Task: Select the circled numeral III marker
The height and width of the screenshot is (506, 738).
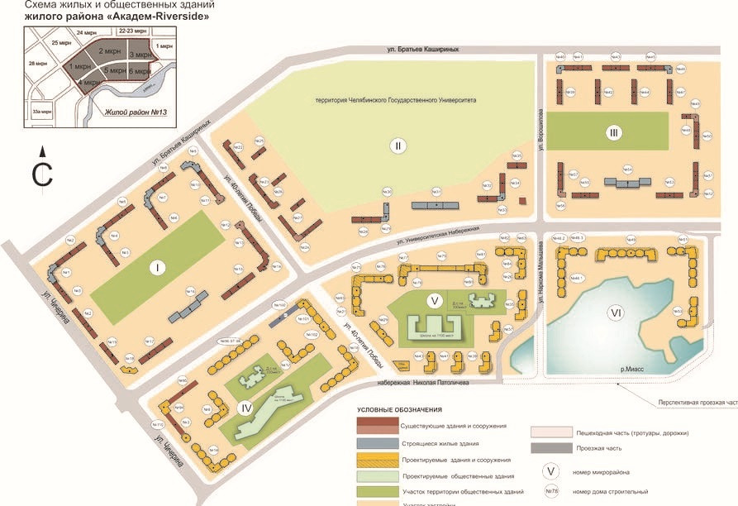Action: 612,132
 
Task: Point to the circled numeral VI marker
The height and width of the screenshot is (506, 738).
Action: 615,313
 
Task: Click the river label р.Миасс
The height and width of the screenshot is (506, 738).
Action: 631,371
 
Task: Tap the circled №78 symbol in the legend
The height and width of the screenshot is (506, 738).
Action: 551,490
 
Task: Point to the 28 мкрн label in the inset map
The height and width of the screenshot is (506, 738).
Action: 37,63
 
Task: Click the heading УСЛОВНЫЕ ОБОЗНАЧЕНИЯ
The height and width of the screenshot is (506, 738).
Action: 399,410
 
